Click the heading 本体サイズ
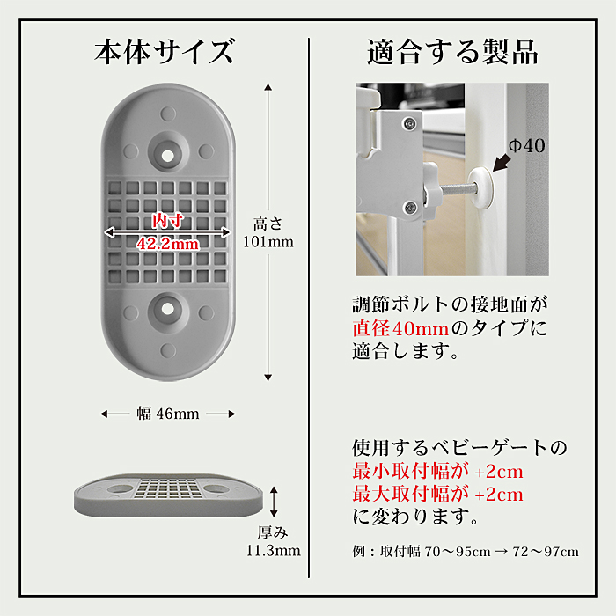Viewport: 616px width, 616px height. click(x=164, y=52)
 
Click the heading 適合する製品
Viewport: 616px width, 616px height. click(x=452, y=52)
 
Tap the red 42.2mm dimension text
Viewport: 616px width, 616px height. click(x=168, y=244)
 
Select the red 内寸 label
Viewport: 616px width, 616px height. click(x=168, y=220)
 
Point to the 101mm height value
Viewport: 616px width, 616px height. click(x=268, y=242)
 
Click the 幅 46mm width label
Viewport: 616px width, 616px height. click(x=168, y=414)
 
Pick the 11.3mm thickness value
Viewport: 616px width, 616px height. click(x=274, y=550)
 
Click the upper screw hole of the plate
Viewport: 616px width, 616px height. click(x=168, y=156)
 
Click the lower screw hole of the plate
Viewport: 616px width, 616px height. click(x=168, y=309)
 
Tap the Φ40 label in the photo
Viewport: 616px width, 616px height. click(x=527, y=146)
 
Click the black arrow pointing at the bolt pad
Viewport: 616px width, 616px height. click(x=502, y=163)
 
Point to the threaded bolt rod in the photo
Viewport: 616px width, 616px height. click(x=456, y=190)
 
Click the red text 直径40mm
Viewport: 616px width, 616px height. click(x=400, y=328)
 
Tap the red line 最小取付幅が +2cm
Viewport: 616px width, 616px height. click(x=437, y=471)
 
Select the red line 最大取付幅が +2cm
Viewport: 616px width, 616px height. click(x=437, y=494)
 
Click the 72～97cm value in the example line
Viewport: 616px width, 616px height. click(x=546, y=552)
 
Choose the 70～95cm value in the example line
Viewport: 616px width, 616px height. click(x=458, y=552)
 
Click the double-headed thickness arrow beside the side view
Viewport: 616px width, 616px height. click(x=274, y=502)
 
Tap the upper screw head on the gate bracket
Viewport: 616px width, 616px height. click(x=410, y=124)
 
